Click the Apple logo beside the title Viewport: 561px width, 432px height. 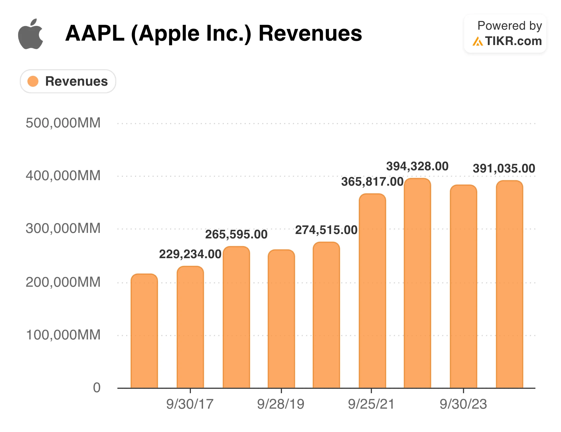(30, 34)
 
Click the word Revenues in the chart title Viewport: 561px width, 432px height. (310, 34)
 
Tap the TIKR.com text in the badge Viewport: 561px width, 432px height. (513, 41)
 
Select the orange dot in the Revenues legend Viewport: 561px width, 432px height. (33, 81)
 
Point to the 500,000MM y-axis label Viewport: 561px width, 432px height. (63, 123)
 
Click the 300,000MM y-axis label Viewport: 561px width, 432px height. (63, 228)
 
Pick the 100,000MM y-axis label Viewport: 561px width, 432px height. (63, 335)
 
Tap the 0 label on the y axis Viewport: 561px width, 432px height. (97, 388)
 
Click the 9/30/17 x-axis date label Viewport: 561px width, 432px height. (190, 404)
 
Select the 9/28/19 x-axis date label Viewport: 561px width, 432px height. (281, 404)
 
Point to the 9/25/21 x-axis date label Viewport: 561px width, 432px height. (371, 404)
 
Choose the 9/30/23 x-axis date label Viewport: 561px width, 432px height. (463, 404)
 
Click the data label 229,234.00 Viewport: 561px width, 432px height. (190, 254)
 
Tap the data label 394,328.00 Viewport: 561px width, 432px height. (417, 166)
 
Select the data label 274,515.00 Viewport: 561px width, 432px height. (326, 230)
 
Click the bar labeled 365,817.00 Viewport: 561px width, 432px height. (372, 291)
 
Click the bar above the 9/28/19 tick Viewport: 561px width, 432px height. (281, 319)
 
